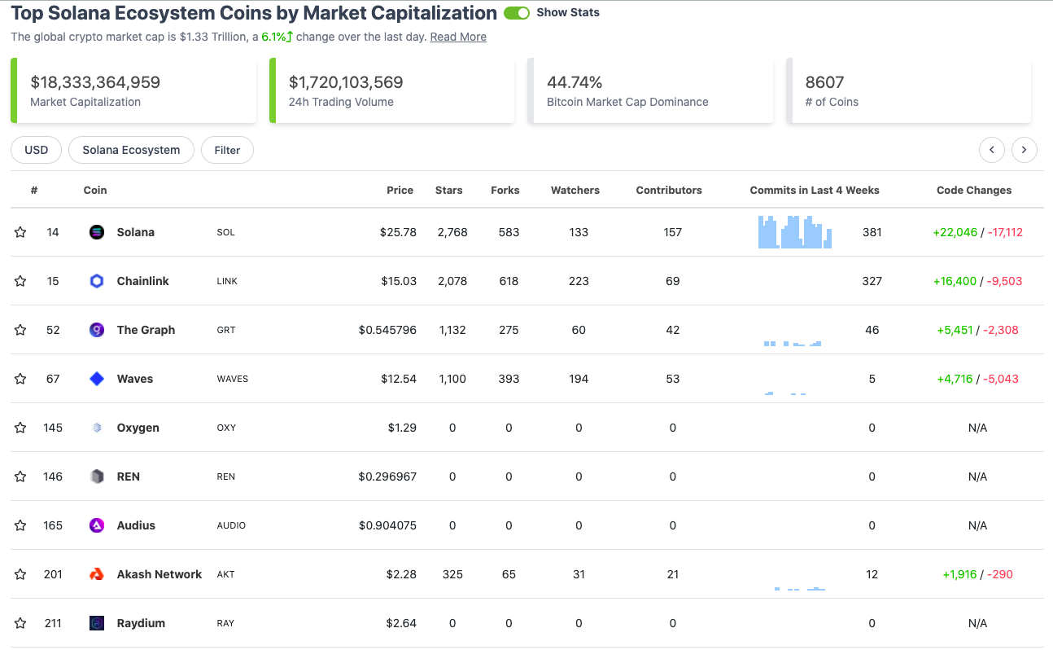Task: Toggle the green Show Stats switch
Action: (x=517, y=13)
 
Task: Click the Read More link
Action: (x=458, y=37)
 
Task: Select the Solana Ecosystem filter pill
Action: (x=131, y=150)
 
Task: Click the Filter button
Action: (x=227, y=150)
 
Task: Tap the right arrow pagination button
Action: (x=1024, y=150)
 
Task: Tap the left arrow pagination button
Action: (x=991, y=150)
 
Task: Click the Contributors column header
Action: (x=668, y=190)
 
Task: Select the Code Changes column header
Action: (x=973, y=190)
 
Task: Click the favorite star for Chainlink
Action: (x=20, y=281)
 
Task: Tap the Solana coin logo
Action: (x=97, y=232)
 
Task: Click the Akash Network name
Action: (x=159, y=574)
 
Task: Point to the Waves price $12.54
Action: (x=398, y=379)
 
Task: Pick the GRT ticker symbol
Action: (x=225, y=330)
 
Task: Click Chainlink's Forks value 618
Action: (x=509, y=281)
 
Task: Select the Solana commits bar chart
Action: (x=795, y=232)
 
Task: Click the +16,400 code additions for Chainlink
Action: (x=955, y=281)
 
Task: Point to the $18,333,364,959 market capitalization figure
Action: (x=95, y=82)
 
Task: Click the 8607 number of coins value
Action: (x=824, y=82)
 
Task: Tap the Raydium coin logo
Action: (x=97, y=623)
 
